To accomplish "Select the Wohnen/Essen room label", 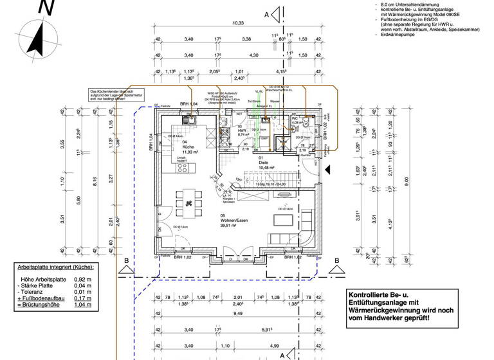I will pyautogui.click(x=235, y=221).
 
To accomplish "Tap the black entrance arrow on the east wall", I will pyautogui.click(x=327, y=169).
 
